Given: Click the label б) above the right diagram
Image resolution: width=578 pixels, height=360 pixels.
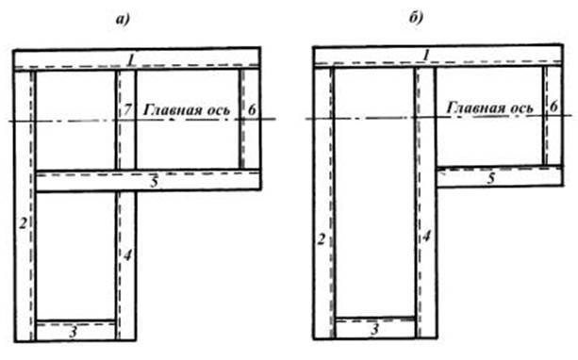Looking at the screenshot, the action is click(x=416, y=17).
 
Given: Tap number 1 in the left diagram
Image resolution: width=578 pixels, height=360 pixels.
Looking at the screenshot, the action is click(x=130, y=60).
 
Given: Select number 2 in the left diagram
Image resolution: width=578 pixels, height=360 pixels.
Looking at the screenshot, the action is click(x=24, y=223).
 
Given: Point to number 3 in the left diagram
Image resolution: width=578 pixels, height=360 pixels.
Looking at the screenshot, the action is click(x=74, y=333).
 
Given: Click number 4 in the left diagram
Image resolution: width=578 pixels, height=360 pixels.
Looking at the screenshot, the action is click(x=127, y=255).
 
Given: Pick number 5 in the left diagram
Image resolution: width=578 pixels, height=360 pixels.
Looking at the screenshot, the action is click(x=155, y=182).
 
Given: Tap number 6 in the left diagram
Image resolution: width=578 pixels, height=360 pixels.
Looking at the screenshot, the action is click(x=252, y=110).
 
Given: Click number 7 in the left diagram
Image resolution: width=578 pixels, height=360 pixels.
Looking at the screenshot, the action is click(x=127, y=109).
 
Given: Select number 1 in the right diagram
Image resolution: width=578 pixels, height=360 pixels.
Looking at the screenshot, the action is click(x=426, y=56).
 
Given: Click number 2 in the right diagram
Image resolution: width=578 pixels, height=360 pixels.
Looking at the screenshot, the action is click(x=322, y=240).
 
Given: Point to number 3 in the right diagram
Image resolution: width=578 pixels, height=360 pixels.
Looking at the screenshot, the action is click(x=375, y=329).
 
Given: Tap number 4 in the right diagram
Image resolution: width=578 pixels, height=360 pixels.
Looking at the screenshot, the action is click(x=426, y=237).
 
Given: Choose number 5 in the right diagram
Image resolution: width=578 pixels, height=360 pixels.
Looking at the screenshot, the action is click(x=491, y=178).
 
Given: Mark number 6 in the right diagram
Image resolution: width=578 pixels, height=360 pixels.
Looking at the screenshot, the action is click(x=553, y=106).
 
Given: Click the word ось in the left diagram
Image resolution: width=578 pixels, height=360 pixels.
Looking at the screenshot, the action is click(x=218, y=110).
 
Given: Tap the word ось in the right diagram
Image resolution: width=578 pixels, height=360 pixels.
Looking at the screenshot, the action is click(x=520, y=108).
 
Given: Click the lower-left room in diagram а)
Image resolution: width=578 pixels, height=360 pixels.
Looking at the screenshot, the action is click(x=76, y=256).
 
